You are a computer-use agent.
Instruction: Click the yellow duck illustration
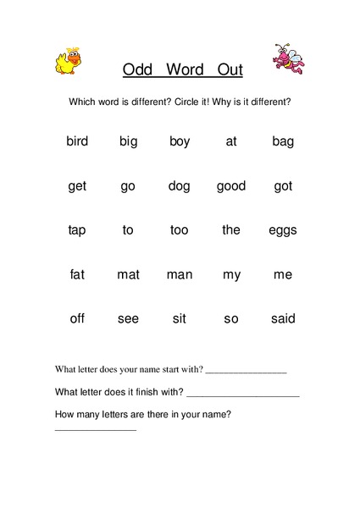point(67,60)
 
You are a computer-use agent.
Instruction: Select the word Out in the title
point(229,70)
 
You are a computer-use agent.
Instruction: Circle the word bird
point(77,141)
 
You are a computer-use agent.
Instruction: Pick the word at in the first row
point(231,141)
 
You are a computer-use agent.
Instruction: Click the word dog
point(180,186)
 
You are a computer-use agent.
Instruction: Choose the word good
point(231,186)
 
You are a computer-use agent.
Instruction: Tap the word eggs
point(283,230)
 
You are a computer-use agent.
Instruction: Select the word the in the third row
point(231,229)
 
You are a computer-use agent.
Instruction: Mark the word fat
point(77,274)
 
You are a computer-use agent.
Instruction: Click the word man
point(180,274)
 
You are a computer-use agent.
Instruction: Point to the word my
point(231,275)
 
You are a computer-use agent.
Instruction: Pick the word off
point(77,318)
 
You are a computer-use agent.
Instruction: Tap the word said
point(283,318)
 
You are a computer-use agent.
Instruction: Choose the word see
point(128,318)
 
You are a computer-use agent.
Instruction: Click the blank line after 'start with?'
point(246,373)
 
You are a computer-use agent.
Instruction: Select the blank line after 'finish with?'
point(243,395)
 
